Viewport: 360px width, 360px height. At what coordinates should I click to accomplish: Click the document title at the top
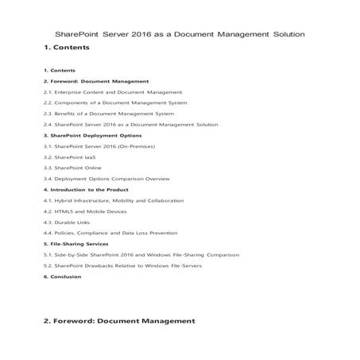point(180,34)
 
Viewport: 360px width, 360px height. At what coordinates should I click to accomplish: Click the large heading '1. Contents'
point(67,48)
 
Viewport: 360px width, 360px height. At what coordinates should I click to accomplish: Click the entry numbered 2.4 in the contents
point(130,125)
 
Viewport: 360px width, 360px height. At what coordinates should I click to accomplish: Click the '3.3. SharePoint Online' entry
point(72,168)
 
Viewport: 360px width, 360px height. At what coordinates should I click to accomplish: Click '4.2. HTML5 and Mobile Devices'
point(84,211)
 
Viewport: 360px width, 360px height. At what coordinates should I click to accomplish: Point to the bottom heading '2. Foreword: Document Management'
point(119,321)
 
